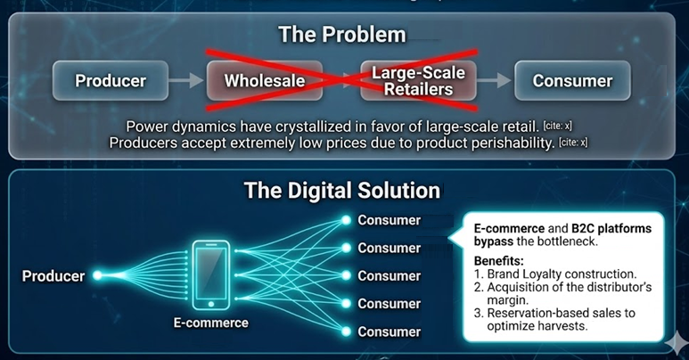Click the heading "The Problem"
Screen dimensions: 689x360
342,34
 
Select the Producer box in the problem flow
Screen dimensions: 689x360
111,80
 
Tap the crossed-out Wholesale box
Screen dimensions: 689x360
265,80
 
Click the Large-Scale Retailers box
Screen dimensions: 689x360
418,80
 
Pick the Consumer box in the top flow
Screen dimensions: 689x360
572,80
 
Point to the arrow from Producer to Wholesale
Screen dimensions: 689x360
186,80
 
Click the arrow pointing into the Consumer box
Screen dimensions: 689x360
495,80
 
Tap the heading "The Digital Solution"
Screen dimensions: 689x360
342,191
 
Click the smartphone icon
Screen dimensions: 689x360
211,275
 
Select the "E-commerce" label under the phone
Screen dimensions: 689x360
211,323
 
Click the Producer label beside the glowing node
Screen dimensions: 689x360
53,275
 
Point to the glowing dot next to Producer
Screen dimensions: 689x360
97,275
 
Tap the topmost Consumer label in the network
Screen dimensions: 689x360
389,220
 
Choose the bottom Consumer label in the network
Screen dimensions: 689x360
389,331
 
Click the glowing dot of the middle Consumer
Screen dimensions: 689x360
346,275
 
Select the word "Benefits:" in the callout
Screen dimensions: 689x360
499,261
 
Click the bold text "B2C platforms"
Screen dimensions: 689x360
611,229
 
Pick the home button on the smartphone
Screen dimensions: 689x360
211,304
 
